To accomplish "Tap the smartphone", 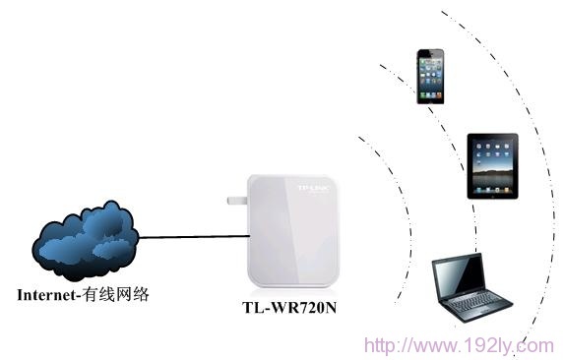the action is pyautogui.click(x=431, y=75).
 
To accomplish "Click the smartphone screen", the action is pyautogui.click(x=431, y=74).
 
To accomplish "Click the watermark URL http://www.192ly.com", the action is pyautogui.click(x=459, y=345).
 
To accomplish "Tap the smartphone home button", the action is pyautogui.click(x=431, y=98).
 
